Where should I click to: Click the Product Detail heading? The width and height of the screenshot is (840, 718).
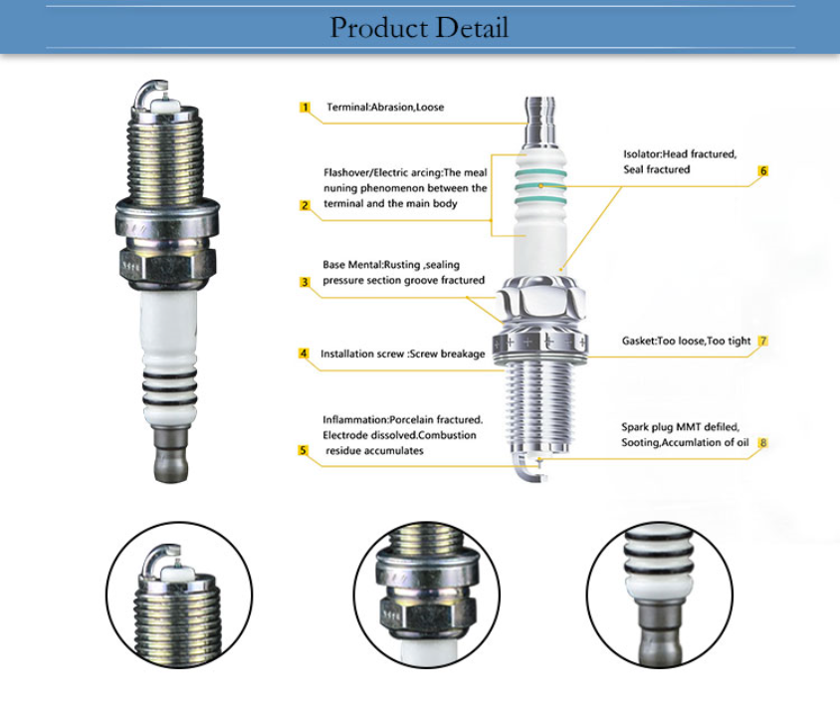point(419,28)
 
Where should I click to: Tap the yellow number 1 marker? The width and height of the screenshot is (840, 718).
point(306,107)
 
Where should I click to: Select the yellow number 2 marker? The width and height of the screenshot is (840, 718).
point(306,205)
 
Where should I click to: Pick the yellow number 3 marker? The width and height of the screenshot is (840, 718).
point(306,282)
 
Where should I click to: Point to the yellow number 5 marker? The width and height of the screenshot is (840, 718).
point(304,450)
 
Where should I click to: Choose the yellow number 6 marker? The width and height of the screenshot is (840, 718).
point(763,171)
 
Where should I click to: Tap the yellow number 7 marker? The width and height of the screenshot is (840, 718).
point(763,341)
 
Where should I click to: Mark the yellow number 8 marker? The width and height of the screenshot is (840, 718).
point(763,442)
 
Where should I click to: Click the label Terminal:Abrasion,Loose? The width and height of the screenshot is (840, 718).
point(384,107)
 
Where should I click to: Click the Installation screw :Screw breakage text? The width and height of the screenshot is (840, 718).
point(402,354)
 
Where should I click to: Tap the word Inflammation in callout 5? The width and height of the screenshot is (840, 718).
point(354,419)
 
